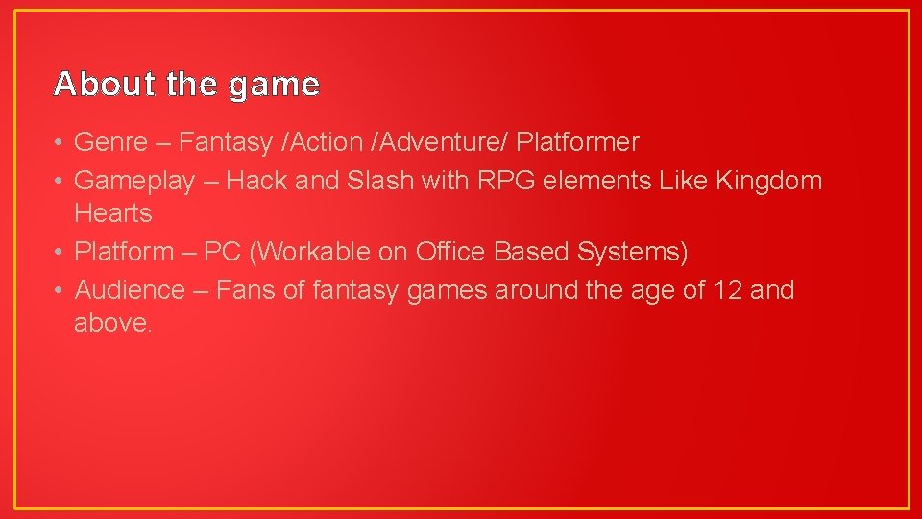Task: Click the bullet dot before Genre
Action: click(59, 143)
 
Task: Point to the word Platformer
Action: click(577, 143)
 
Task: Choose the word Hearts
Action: click(113, 212)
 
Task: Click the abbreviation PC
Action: click(222, 252)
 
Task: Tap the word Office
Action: click(451, 252)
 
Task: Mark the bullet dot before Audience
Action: click(59, 290)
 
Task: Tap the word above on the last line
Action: click(111, 323)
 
